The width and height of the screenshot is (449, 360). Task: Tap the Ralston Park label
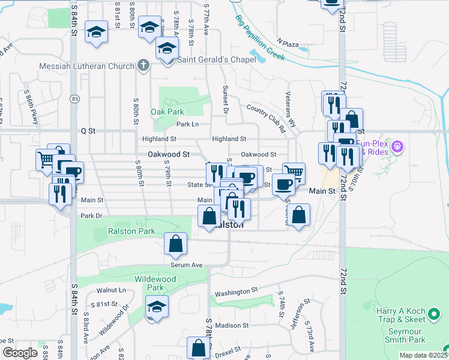click(131, 231)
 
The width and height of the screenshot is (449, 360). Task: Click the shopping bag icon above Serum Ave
click(175, 244)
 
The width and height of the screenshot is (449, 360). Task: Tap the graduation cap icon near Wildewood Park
click(157, 306)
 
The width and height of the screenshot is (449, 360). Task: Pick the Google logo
click(20, 353)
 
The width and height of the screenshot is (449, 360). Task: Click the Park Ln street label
click(187, 124)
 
